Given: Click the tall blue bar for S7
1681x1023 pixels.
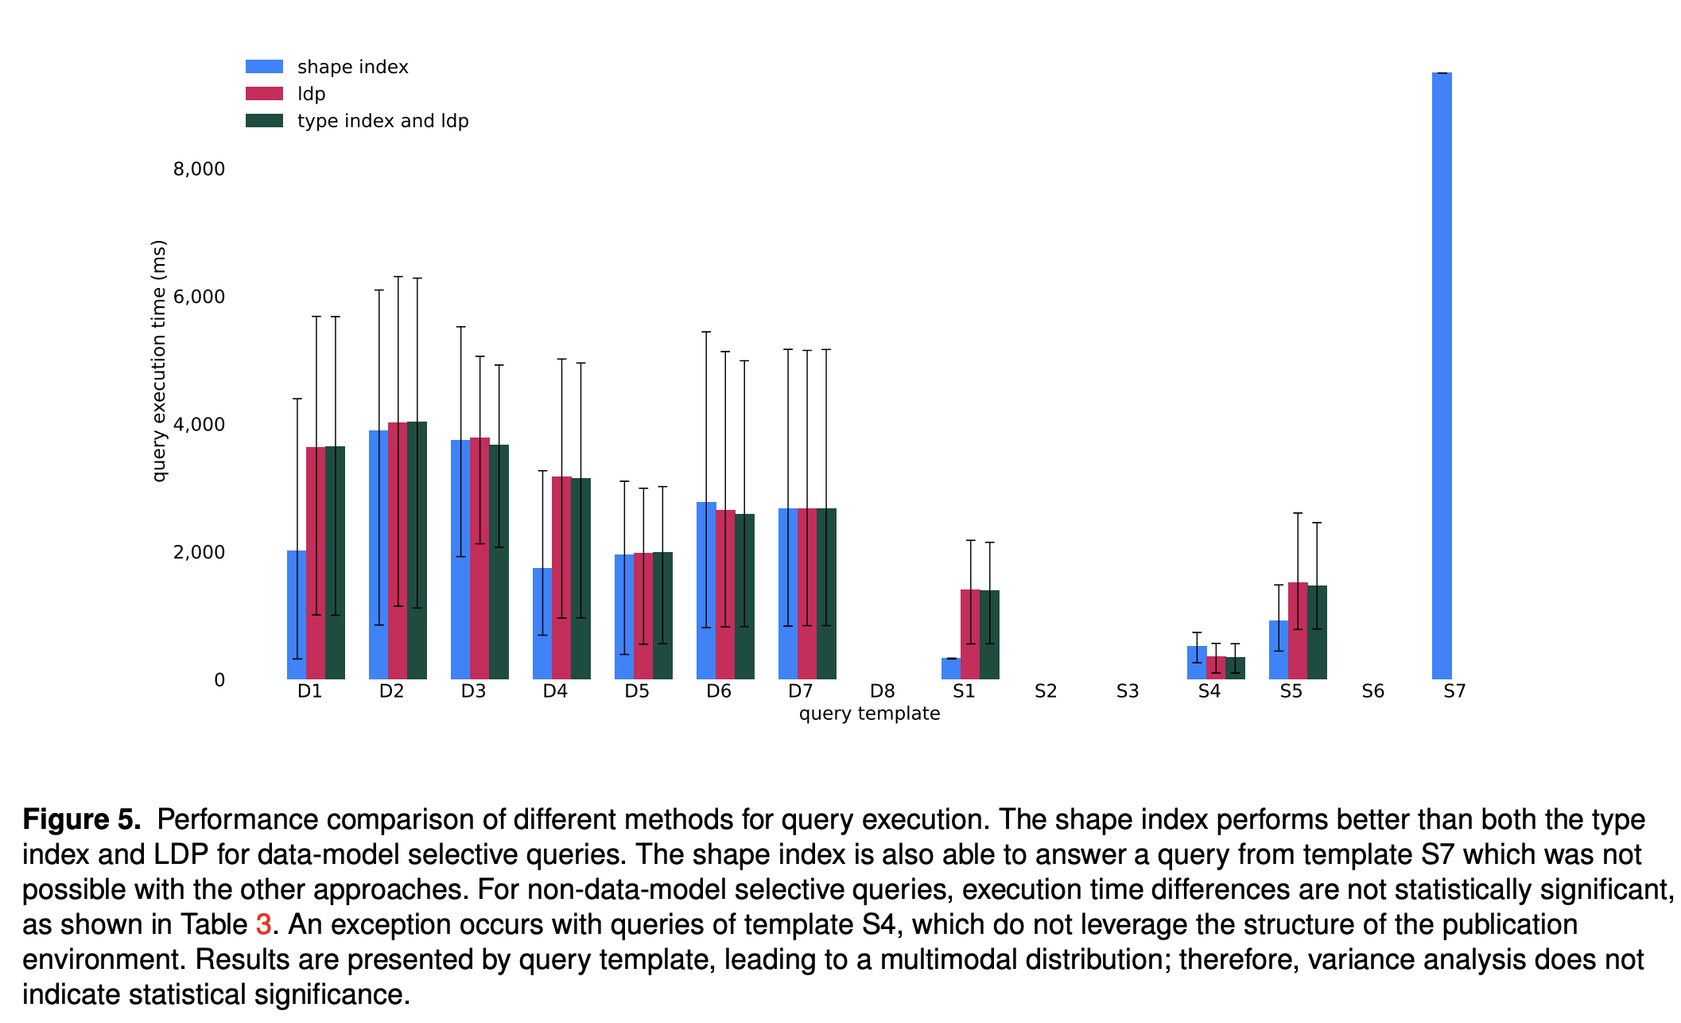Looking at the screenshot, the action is pos(1442,375).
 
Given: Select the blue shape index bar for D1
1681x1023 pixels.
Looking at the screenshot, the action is pos(297,615).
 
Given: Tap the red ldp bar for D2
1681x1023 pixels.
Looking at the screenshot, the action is pos(398,550).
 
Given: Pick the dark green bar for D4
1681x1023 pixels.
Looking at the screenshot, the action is pos(581,578).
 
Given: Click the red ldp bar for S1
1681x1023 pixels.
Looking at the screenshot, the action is pos(970,634).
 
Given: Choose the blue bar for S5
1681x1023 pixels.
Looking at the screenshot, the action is pos(1279,650).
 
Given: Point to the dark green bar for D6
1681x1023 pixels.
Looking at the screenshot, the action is pos(745,597).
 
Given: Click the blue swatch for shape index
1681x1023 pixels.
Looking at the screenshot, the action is pos(264,67).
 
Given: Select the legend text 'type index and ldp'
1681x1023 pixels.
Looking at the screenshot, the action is pos(383,121).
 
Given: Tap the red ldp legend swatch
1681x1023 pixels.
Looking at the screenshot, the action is pos(264,94).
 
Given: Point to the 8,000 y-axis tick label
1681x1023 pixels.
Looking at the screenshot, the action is pos(199,169).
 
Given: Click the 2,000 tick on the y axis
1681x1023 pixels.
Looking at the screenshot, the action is pos(199,552).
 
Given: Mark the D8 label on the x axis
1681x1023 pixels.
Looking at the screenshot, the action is pos(883,691).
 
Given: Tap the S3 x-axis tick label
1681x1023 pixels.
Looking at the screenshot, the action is pos(1128,691).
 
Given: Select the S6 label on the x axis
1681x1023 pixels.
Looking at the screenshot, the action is pos(1373,691).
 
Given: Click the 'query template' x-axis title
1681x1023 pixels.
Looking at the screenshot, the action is pos(869,714).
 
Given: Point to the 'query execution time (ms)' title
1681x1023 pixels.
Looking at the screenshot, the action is pos(159,360).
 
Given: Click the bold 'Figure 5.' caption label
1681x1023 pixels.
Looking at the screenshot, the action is pos(82,819).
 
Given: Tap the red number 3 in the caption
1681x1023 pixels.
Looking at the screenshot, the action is pos(263,924).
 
